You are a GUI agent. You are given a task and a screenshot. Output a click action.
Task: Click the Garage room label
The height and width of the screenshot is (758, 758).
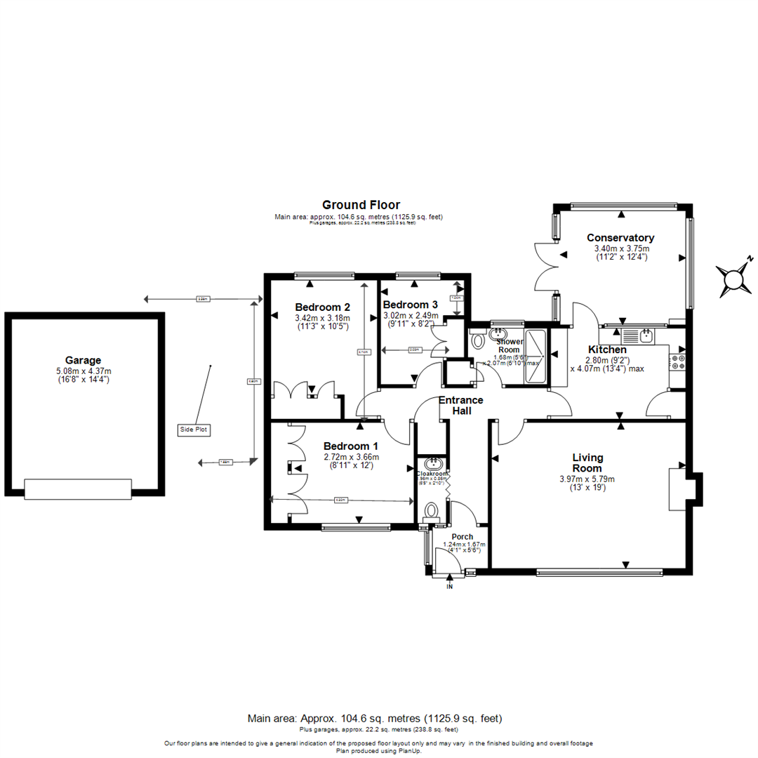click(x=83, y=359)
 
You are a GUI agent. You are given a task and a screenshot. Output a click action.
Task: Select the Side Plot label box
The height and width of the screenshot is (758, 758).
click(x=194, y=429)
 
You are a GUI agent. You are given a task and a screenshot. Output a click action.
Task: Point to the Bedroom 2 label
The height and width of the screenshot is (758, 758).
click(x=322, y=307)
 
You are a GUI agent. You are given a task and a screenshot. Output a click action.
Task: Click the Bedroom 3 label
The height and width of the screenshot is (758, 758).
click(x=410, y=305)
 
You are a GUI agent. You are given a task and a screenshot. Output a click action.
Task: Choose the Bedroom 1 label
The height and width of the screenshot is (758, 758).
click(x=350, y=446)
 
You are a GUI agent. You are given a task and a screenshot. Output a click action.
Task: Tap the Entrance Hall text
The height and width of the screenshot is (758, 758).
click(x=460, y=405)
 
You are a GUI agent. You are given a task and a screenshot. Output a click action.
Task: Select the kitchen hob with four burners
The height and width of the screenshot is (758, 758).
click(x=679, y=361)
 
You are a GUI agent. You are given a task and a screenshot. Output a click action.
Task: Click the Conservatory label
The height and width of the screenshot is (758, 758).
click(x=620, y=238)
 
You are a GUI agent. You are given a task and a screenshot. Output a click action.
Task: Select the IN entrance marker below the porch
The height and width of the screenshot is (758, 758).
click(x=450, y=587)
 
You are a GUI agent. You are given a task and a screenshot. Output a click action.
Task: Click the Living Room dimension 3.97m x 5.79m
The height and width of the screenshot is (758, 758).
click(x=587, y=479)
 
